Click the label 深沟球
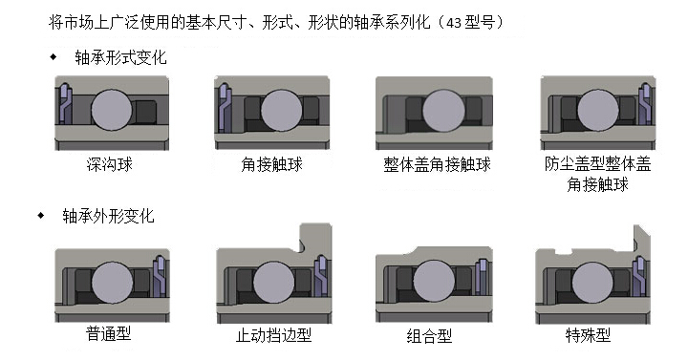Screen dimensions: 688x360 109,164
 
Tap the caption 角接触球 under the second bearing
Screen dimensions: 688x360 272,164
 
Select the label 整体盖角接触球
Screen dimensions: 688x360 437,164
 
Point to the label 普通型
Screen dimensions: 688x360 109,334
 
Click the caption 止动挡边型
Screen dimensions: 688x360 274,335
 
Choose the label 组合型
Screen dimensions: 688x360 429,336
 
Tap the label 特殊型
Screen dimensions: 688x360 588,335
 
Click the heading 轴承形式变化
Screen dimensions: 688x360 120,57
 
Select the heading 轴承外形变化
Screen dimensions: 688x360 108,216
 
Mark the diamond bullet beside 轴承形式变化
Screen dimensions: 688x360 54,56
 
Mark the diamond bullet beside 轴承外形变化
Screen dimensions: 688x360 41,215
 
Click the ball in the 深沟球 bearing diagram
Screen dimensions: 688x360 112,110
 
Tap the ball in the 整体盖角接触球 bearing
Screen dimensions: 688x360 443,111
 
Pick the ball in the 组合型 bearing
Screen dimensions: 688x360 434,281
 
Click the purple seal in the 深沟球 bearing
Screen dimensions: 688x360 65,104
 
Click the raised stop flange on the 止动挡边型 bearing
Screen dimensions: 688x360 315,238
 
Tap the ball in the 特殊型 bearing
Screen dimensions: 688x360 592,283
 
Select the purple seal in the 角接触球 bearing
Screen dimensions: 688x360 225,107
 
